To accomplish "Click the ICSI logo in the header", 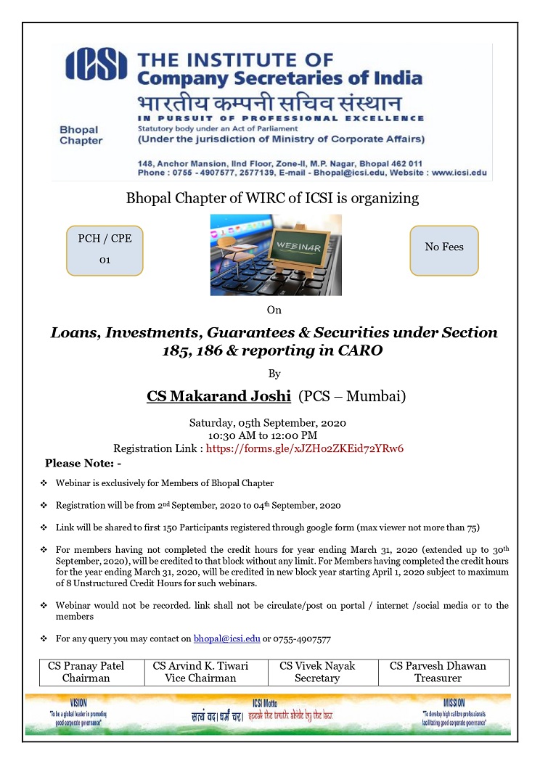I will pyautogui.click(x=96, y=65).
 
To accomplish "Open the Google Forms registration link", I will pyautogui.click(x=305, y=448).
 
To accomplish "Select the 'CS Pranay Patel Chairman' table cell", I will pyautogui.click(x=86, y=672).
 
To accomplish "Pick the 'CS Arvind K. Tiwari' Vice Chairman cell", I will pyautogui.click(x=200, y=672).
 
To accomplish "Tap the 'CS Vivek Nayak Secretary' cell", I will pyautogui.click(x=317, y=672).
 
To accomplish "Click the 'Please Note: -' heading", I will pyautogui.click(x=83, y=463).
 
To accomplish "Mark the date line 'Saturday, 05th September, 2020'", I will pyautogui.click(x=268, y=423).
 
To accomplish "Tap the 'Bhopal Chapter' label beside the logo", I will pyautogui.click(x=81, y=135).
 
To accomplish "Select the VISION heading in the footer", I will pyautogui.click(x=78, y=703).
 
